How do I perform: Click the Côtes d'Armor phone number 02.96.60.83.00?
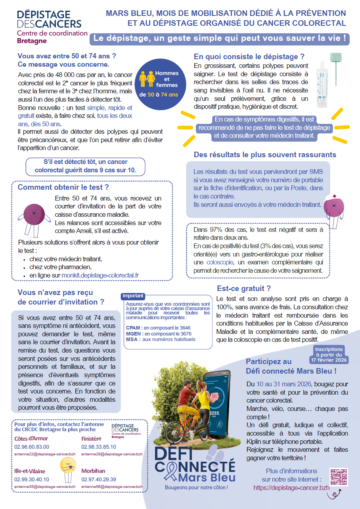tap(32, 447)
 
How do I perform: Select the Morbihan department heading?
tap(93, 471)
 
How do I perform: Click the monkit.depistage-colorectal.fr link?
tap(100, 275)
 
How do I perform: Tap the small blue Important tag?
tap(133, 296)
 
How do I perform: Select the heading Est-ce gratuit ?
tap(243, 289)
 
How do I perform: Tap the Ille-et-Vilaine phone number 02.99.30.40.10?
tap(32, 479)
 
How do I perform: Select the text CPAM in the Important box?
tap(133, 328)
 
